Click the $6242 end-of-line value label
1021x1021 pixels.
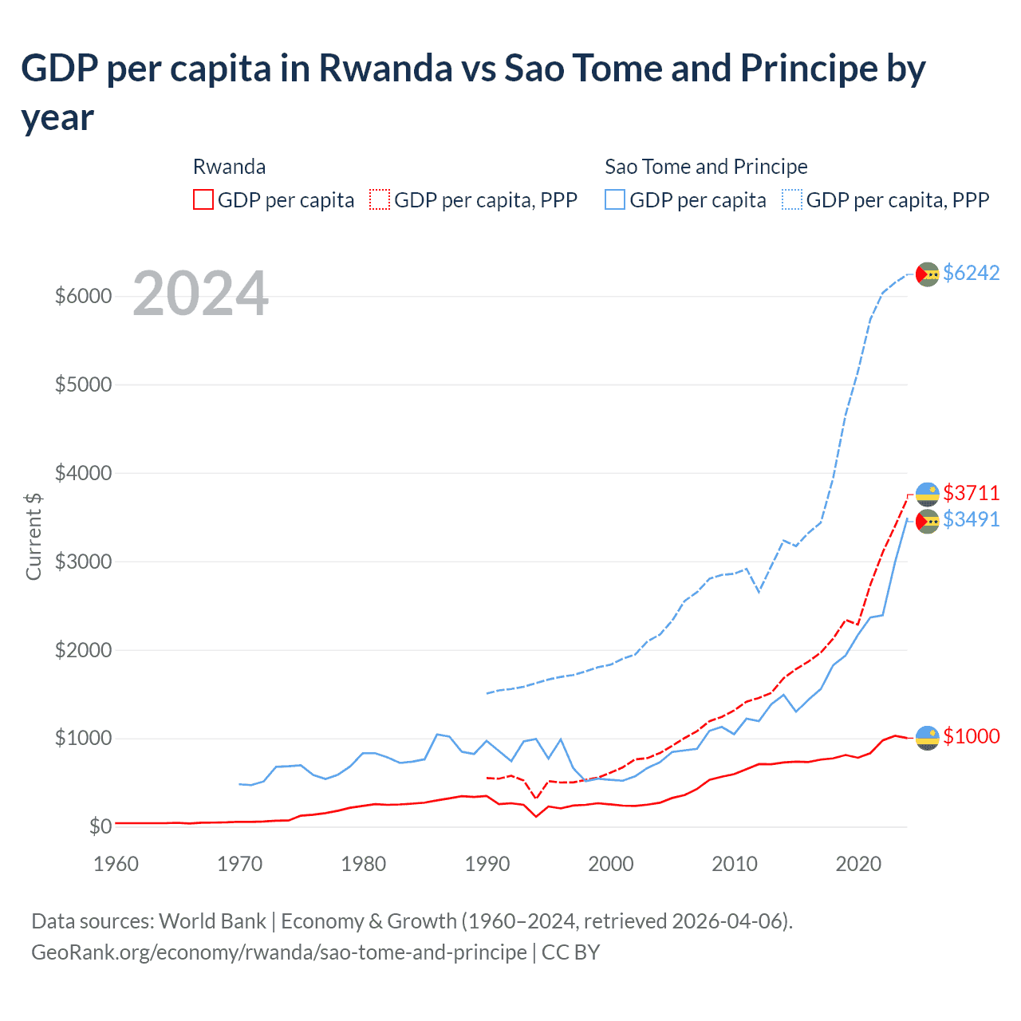(x=971, y=273)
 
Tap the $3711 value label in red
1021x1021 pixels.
(x=971, y=493)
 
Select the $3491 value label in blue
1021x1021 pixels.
(x=971, y=519)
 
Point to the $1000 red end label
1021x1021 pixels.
(x=971, y=736)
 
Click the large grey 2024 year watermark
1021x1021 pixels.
(x=200, y=294)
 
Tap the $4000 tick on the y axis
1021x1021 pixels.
(x=83, y=473)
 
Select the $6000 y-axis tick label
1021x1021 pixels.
(x=83, y=296)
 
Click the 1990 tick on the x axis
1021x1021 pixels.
(x=487, y=864)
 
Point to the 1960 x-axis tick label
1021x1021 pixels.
(x=116, y=864)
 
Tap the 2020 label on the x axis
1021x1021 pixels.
(x=857, y=864)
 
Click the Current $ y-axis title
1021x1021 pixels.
(x=34, y=536)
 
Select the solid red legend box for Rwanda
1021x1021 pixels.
(x=203, y=199)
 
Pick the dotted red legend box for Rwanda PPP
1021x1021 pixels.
(x=380, y=199)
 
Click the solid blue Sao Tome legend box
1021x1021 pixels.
(x=615, y=199)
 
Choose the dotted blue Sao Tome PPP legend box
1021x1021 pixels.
(x=792, y=199)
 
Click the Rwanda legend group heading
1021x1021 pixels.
(x=229, y=167)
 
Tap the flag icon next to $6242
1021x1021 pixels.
(x=927, y=274)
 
